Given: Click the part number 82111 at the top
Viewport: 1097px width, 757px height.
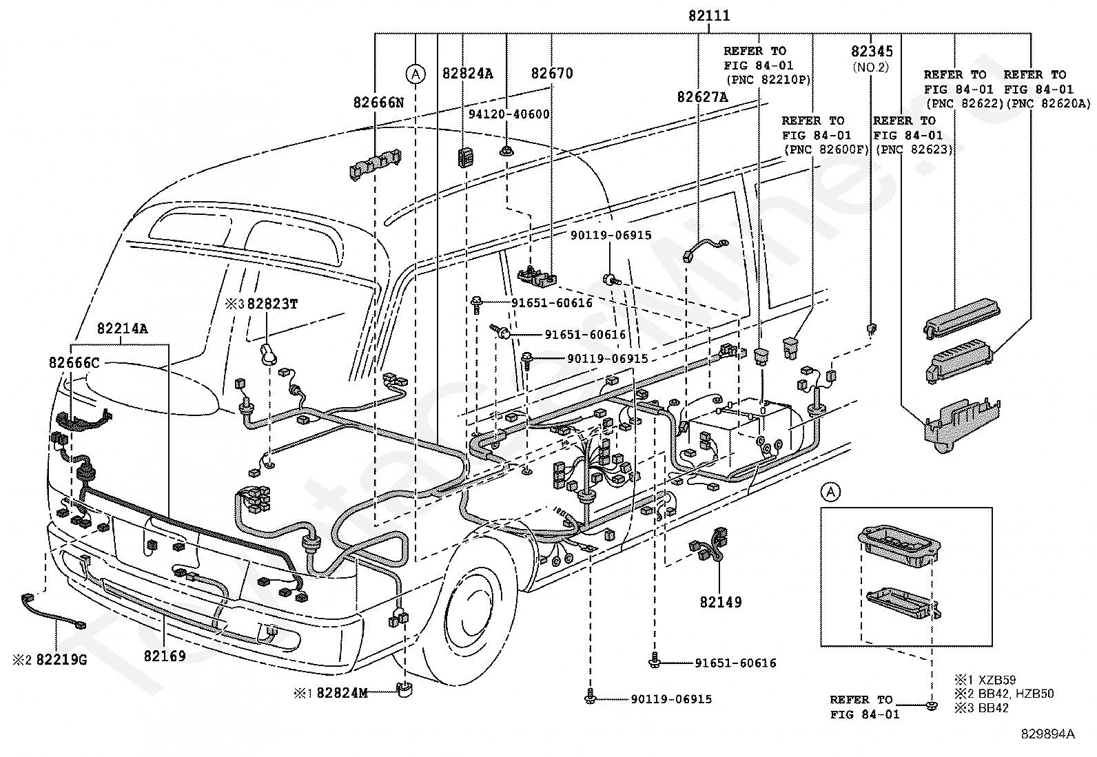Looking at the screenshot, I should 709,16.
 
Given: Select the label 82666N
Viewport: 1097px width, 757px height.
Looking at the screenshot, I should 378,102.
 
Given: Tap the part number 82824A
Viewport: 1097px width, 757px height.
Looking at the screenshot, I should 468,73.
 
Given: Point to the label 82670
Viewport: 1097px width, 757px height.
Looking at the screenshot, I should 552,73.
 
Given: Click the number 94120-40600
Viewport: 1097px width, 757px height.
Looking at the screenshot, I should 510,114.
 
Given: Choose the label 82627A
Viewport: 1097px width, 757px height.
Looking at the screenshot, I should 702,97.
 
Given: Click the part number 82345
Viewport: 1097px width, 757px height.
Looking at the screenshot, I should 872,52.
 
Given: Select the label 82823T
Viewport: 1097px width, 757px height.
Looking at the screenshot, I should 272,303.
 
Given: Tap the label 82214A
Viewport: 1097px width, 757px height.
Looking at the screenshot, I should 122,329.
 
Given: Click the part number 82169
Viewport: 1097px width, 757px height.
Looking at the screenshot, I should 165,656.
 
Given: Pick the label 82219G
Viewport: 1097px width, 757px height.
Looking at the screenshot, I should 61,660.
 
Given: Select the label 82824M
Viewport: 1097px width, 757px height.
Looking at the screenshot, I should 342,692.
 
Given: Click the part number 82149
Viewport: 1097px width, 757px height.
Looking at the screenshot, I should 721,602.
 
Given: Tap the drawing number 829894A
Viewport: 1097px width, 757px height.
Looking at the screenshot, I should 1047,734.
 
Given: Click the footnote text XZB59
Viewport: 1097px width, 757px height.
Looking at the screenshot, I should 997,678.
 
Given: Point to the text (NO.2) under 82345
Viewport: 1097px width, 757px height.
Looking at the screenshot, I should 871,67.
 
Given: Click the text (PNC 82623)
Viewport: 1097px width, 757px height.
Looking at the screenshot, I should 912,149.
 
